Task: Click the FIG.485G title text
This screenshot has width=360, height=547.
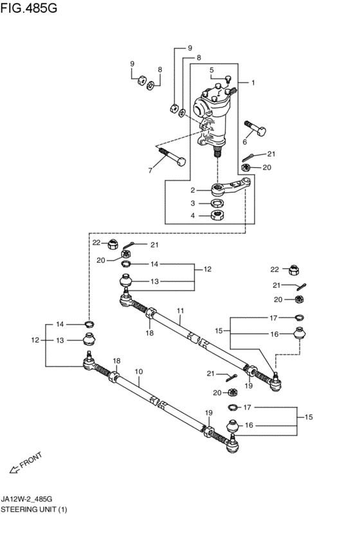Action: click(28, 8)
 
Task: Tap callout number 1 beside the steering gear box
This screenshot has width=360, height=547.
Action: click(253, 83)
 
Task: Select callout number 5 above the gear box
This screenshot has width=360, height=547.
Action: click(212, 70)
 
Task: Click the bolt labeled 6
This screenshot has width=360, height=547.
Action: click(255, 128)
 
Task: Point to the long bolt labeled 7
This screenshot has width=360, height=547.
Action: click(172, 157)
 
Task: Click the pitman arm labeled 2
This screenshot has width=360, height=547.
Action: click(231, 186)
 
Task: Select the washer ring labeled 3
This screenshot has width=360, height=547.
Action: click(217, 202)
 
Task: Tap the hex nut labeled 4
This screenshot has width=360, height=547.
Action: click(217, 215)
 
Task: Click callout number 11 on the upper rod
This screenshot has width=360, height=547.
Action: click(180, 310)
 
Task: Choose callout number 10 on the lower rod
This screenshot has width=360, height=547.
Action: click(139, 372)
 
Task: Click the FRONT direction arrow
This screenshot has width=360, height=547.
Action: click(14, 470)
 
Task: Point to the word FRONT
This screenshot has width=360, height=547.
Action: click(31, 460)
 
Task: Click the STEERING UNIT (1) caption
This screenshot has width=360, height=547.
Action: click(33, 509)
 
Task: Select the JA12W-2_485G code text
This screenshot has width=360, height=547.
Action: click(26, 499)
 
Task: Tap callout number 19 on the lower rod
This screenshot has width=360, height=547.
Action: click(208, 413)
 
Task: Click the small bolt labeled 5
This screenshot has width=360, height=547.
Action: click(229, 79)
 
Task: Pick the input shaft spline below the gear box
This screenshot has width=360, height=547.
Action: click(218, 152)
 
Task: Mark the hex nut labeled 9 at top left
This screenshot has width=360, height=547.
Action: click(141, 80)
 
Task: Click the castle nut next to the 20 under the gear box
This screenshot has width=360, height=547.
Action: click(246, 168)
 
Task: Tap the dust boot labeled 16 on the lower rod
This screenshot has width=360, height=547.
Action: click(233, 426)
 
